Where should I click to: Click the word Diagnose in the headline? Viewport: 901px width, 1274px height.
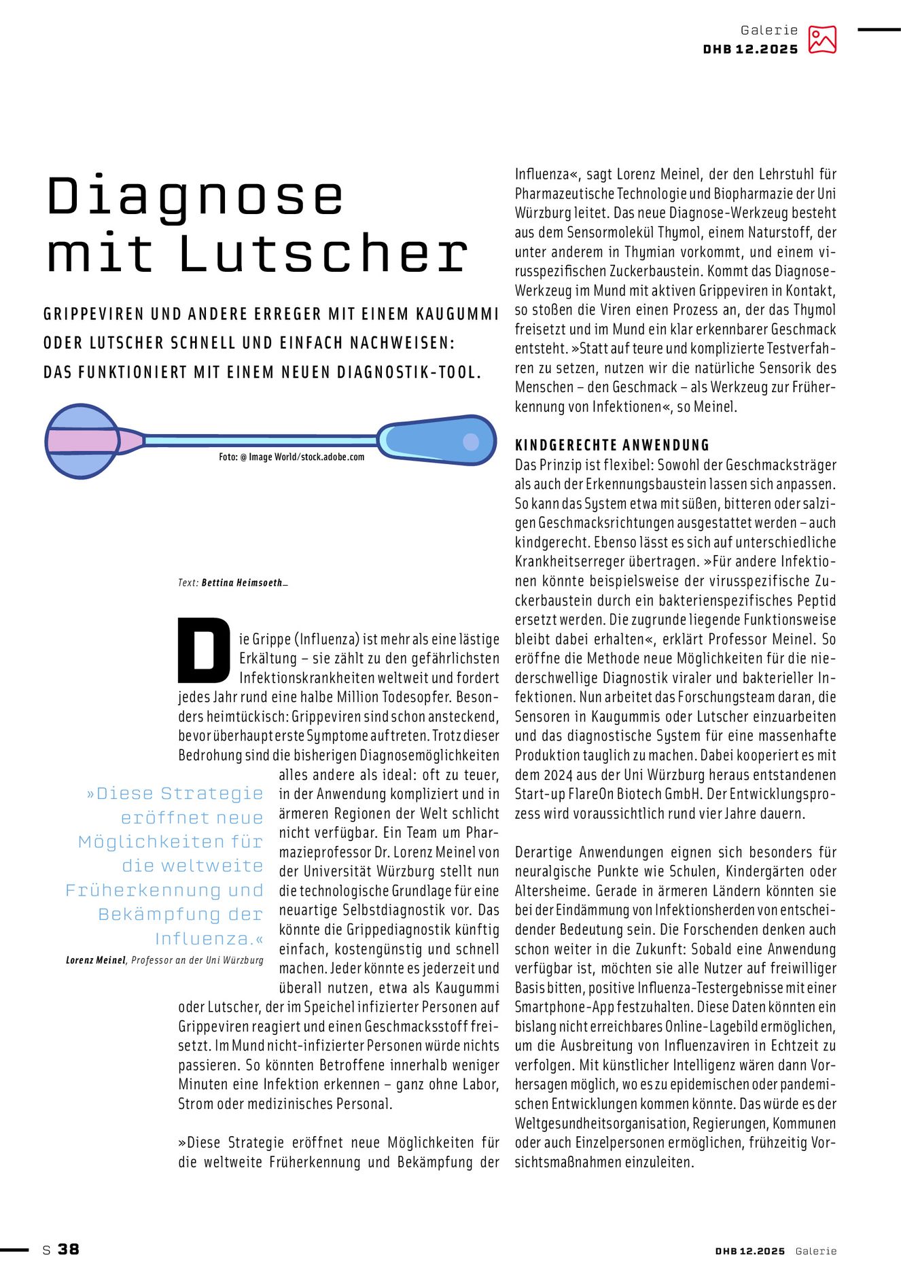pos(194,197)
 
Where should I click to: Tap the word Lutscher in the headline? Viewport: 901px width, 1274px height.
pos(323,253)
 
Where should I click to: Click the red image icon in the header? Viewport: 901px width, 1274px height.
pos(821,39)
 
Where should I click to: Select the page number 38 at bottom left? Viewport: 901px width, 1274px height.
pos(68,1249)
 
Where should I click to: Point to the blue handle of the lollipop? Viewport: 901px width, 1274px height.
pos(438,440)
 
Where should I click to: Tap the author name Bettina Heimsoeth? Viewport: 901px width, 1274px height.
pos(241,582)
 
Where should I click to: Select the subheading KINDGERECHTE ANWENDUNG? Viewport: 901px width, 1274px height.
pos(612,445)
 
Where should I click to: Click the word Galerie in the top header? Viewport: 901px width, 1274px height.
pos(769,30)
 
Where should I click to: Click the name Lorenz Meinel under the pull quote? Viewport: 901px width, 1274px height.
pos(96,960)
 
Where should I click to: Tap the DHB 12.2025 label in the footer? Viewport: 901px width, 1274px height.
pos(749,1251)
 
